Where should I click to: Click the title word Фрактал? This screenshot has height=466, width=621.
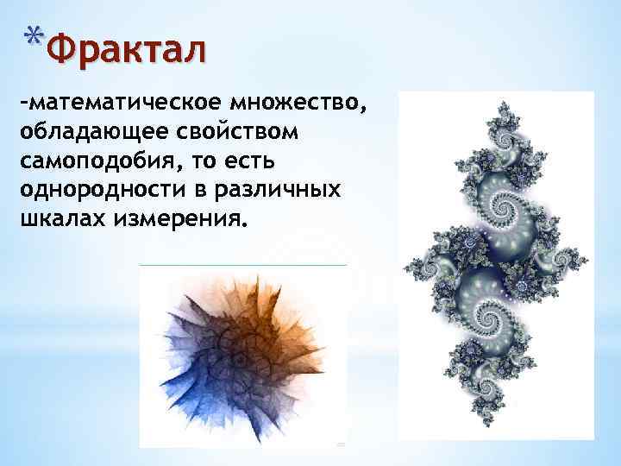pyautogui.click(x=127, y=49)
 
